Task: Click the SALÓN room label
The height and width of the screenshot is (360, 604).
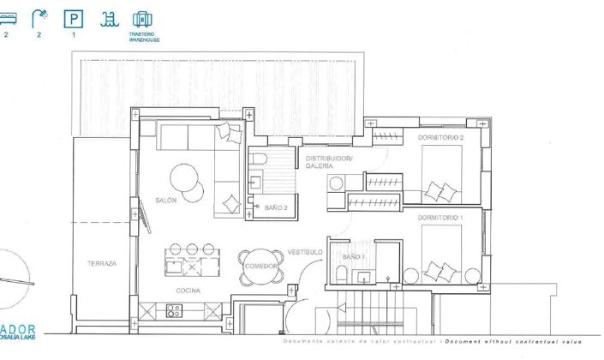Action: (x=165, y=200)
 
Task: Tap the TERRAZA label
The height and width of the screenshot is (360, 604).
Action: (x=102, y=263)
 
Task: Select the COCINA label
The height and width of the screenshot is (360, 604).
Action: (x=189, y=291)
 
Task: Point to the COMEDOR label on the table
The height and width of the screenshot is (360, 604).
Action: (x=260, y=266)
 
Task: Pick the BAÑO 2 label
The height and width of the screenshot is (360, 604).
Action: (x=275, y=207)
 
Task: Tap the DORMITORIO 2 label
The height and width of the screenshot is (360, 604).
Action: (x=440, y=137)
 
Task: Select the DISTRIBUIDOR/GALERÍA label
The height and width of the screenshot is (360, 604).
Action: (x=329, y=161)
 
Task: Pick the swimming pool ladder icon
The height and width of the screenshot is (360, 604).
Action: (x=108, y=18)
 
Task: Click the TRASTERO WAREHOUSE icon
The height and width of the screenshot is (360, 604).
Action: (x=142, y=19)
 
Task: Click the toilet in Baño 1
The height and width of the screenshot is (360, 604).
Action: (x=342, y=273)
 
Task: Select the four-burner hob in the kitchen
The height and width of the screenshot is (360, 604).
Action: (x=174, y=312)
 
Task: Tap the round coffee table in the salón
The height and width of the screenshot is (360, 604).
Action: (x=186, y=179)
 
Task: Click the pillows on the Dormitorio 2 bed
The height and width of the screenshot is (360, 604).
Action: (x=442, y=189)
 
